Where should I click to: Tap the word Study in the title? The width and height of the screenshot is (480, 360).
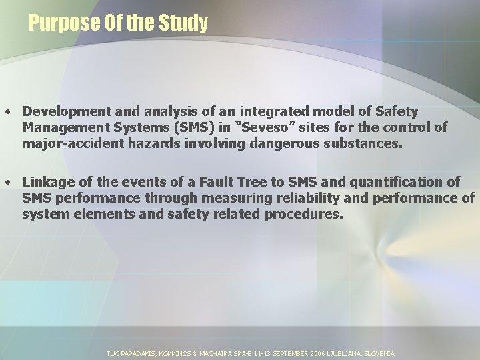tap(183, 24)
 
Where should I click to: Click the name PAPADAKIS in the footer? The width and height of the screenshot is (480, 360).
tap(139, 353)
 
